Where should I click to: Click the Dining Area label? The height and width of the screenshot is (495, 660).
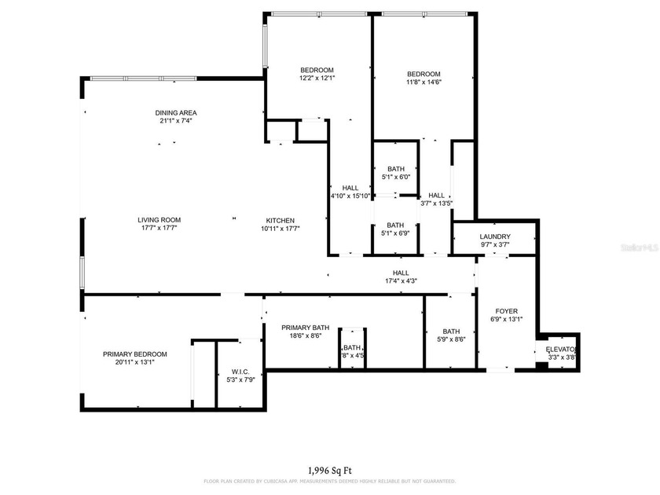[x=176, y=112]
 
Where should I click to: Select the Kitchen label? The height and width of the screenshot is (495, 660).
[x=280, y=220]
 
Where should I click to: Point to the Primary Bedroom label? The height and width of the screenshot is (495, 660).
[x=135, y=354]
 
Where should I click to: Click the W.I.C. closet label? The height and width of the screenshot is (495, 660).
[x=240, y=371]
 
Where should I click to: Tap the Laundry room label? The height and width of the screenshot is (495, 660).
[x=495, y=236]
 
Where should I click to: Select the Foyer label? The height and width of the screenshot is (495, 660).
[x=506, y=310]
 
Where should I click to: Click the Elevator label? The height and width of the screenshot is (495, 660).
[x=562, y=349]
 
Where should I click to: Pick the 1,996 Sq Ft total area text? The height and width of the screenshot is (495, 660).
[x=329, y=470]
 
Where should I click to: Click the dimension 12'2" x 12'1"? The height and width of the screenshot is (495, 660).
[x=317, y=78]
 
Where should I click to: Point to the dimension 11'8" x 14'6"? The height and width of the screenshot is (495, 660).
[x=423, y=82]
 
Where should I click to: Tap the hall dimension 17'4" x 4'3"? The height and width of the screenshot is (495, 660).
[x=401, y=280]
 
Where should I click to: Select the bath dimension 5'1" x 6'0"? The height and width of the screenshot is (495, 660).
[x=395, y=177]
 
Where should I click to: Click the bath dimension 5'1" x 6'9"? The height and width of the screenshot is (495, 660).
[x=395, y=233]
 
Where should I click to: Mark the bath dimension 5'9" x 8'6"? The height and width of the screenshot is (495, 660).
[x=451, y=339]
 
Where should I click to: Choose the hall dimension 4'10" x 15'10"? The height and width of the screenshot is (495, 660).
[x=350, y=196]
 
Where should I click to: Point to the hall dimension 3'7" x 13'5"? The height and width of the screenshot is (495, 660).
[x=437, y=203]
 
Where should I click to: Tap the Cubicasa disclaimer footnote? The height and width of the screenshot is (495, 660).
[x=329, y=481]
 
